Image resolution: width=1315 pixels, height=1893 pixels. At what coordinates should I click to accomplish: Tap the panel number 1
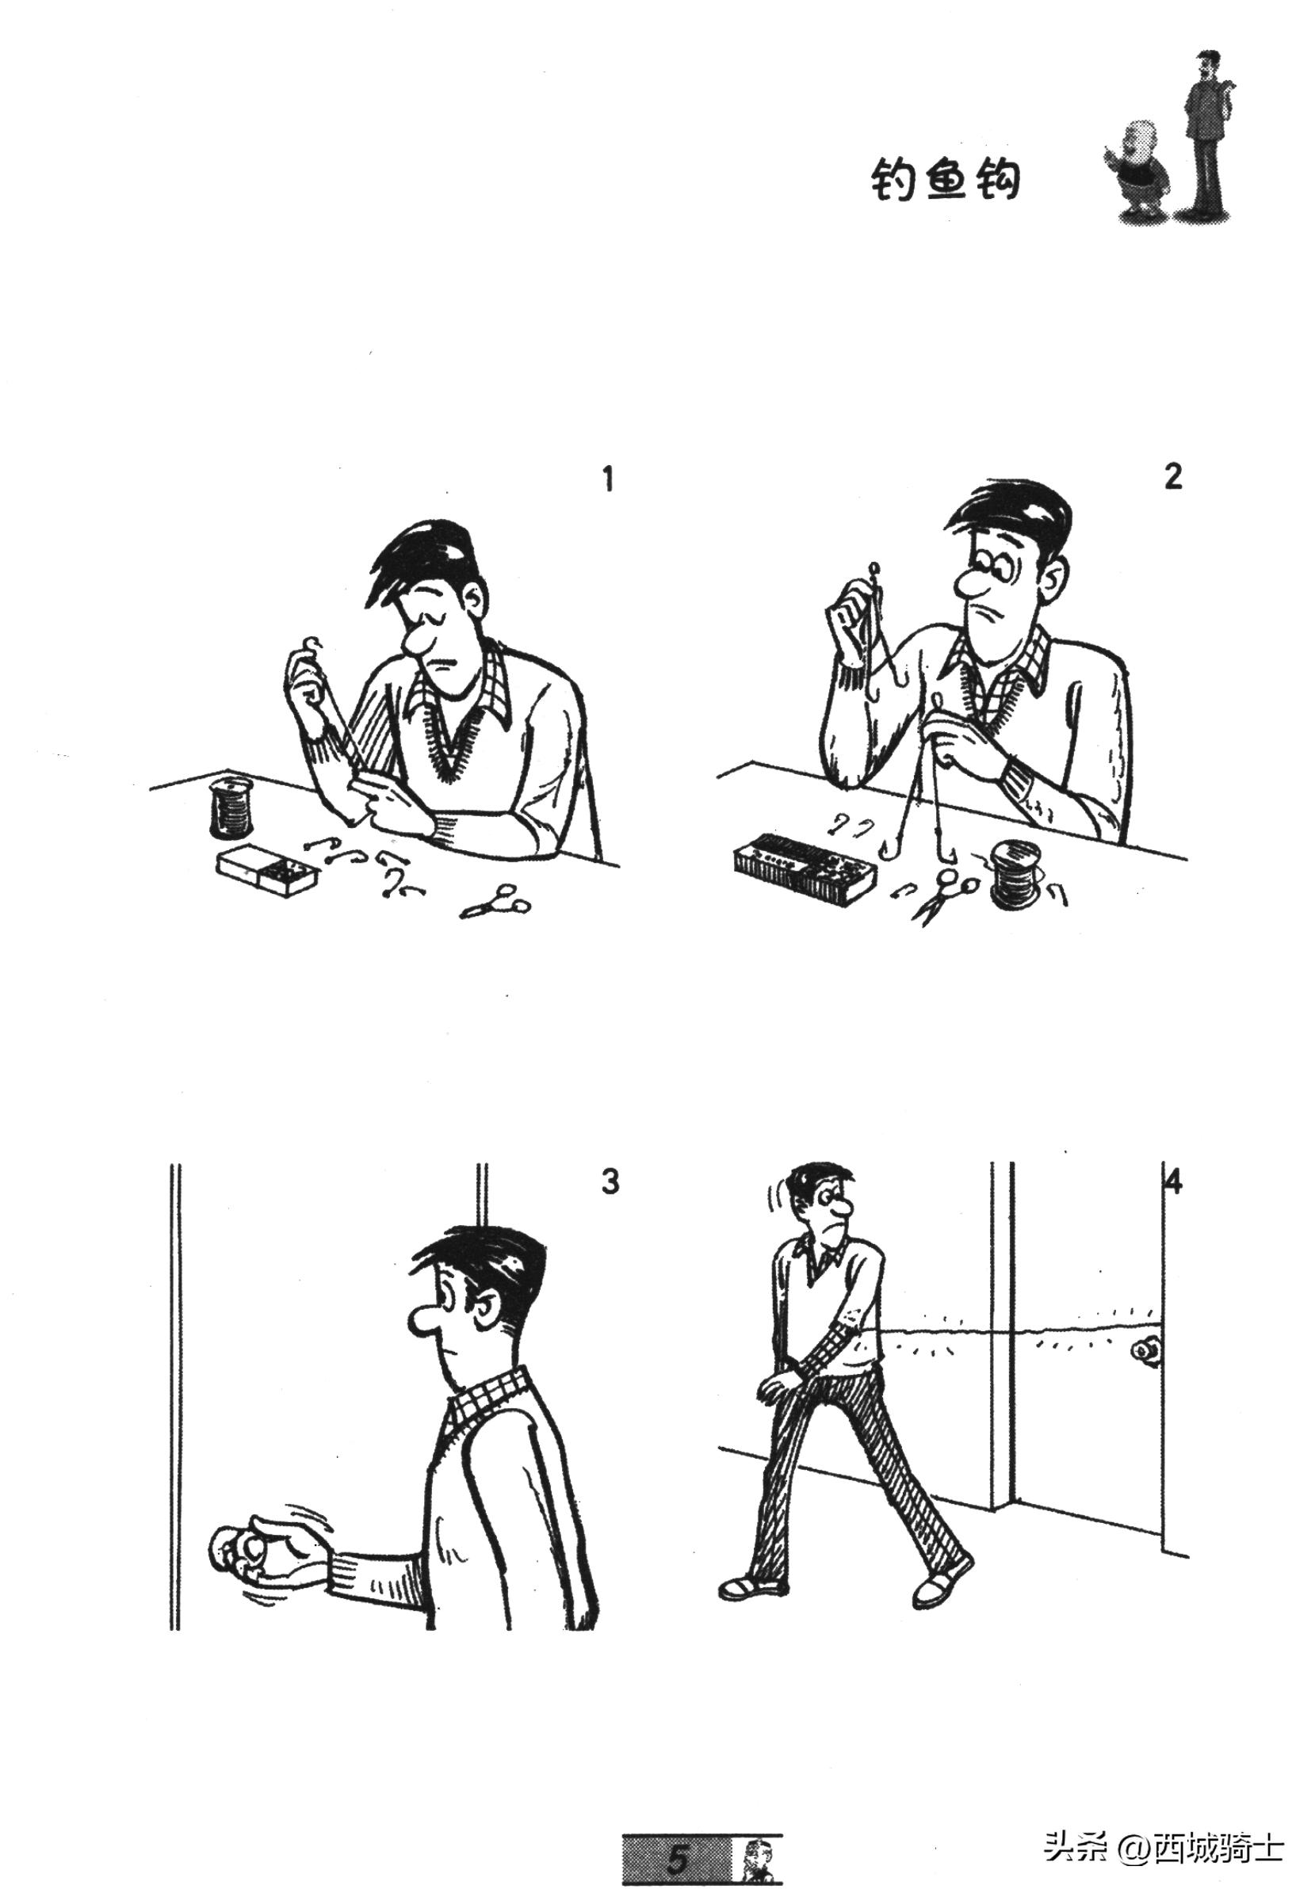coord(608,479)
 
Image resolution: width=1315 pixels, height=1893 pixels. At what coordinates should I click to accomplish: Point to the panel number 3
coord(610,1182)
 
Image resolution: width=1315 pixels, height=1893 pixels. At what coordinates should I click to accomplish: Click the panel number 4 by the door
coord(1174,1182)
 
